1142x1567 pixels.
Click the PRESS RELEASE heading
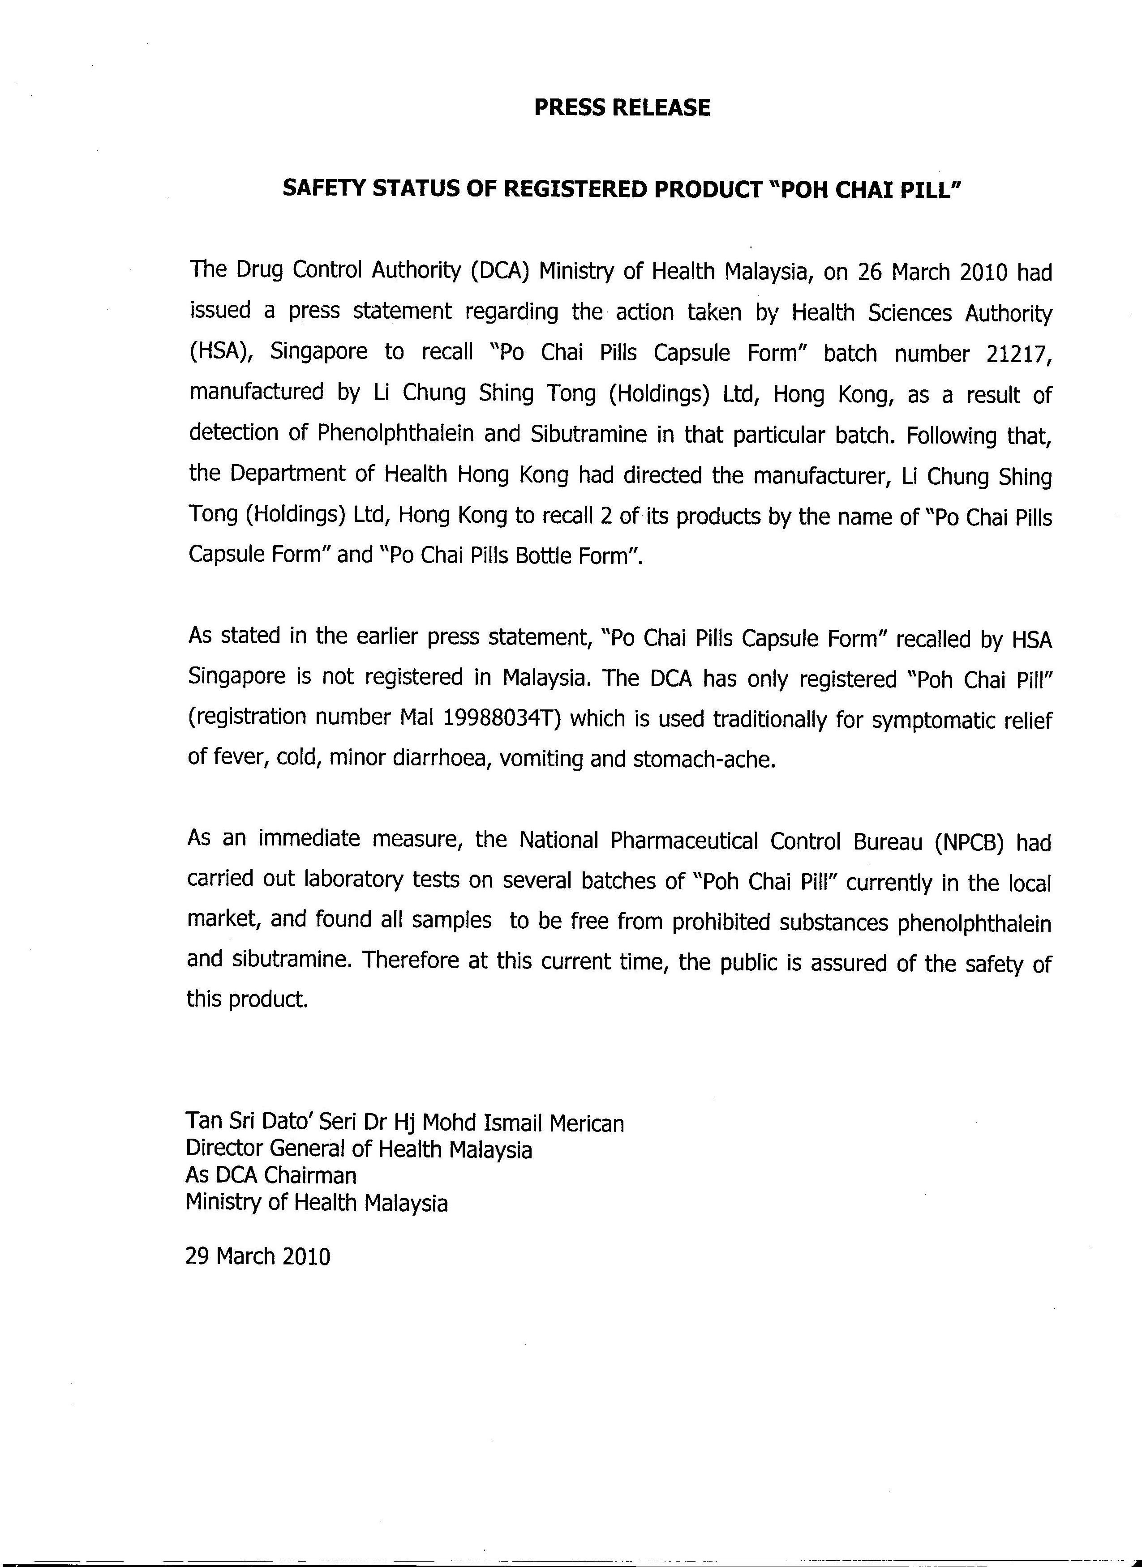point(622,108)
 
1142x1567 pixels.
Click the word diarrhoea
point(431,759)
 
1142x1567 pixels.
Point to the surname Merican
point(586,1124)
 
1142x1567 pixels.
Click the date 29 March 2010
point(258,1255)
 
